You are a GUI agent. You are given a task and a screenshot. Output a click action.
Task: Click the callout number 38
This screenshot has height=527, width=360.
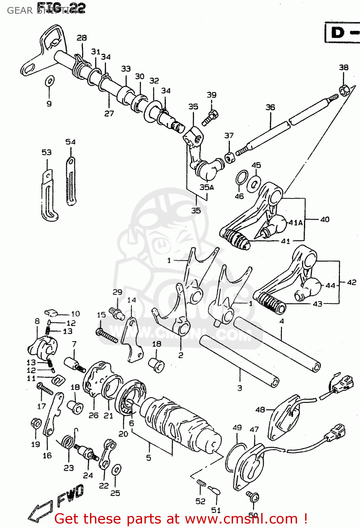coord(343,67)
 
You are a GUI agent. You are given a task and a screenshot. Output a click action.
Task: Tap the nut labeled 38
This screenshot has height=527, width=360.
coord(343,90)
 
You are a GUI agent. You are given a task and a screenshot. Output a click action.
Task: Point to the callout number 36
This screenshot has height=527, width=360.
coord(270,107)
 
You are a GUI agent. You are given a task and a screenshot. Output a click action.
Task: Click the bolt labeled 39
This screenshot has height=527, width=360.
coord(211,117)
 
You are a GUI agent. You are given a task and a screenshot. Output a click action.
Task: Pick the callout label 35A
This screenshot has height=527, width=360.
coord(207,187)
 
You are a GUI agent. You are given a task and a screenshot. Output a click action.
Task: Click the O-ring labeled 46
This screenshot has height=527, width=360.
coord(241,177)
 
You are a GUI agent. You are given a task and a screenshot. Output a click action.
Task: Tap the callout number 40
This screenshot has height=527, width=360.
coord(324,220)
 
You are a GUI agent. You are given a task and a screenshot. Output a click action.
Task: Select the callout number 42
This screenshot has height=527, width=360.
coord(351,282)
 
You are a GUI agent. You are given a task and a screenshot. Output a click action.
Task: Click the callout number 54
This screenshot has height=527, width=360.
coord(70,142)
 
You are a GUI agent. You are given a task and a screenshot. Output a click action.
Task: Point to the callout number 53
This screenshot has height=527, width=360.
coord(46,152)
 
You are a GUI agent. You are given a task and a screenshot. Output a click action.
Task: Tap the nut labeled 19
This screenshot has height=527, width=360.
coord(36,424)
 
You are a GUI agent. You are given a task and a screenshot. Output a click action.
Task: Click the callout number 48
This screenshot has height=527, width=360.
coord(260,410)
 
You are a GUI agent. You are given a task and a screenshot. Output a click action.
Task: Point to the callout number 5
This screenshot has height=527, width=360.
coord(148,458)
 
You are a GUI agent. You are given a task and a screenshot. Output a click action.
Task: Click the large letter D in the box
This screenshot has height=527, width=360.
coord(338,33)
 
